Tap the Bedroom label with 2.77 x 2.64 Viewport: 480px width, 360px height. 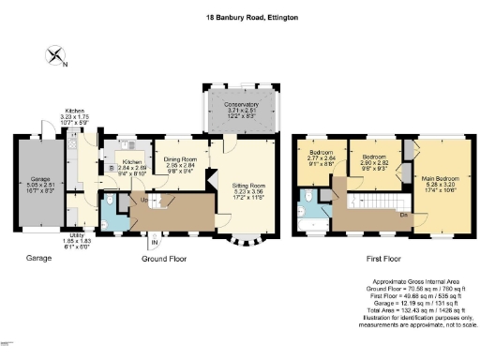320,154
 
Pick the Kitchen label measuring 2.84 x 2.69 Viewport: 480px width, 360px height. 132,166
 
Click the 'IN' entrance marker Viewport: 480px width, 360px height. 155,246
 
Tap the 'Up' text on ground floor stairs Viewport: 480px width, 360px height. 143,199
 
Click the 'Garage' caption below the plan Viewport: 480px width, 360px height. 37,256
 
